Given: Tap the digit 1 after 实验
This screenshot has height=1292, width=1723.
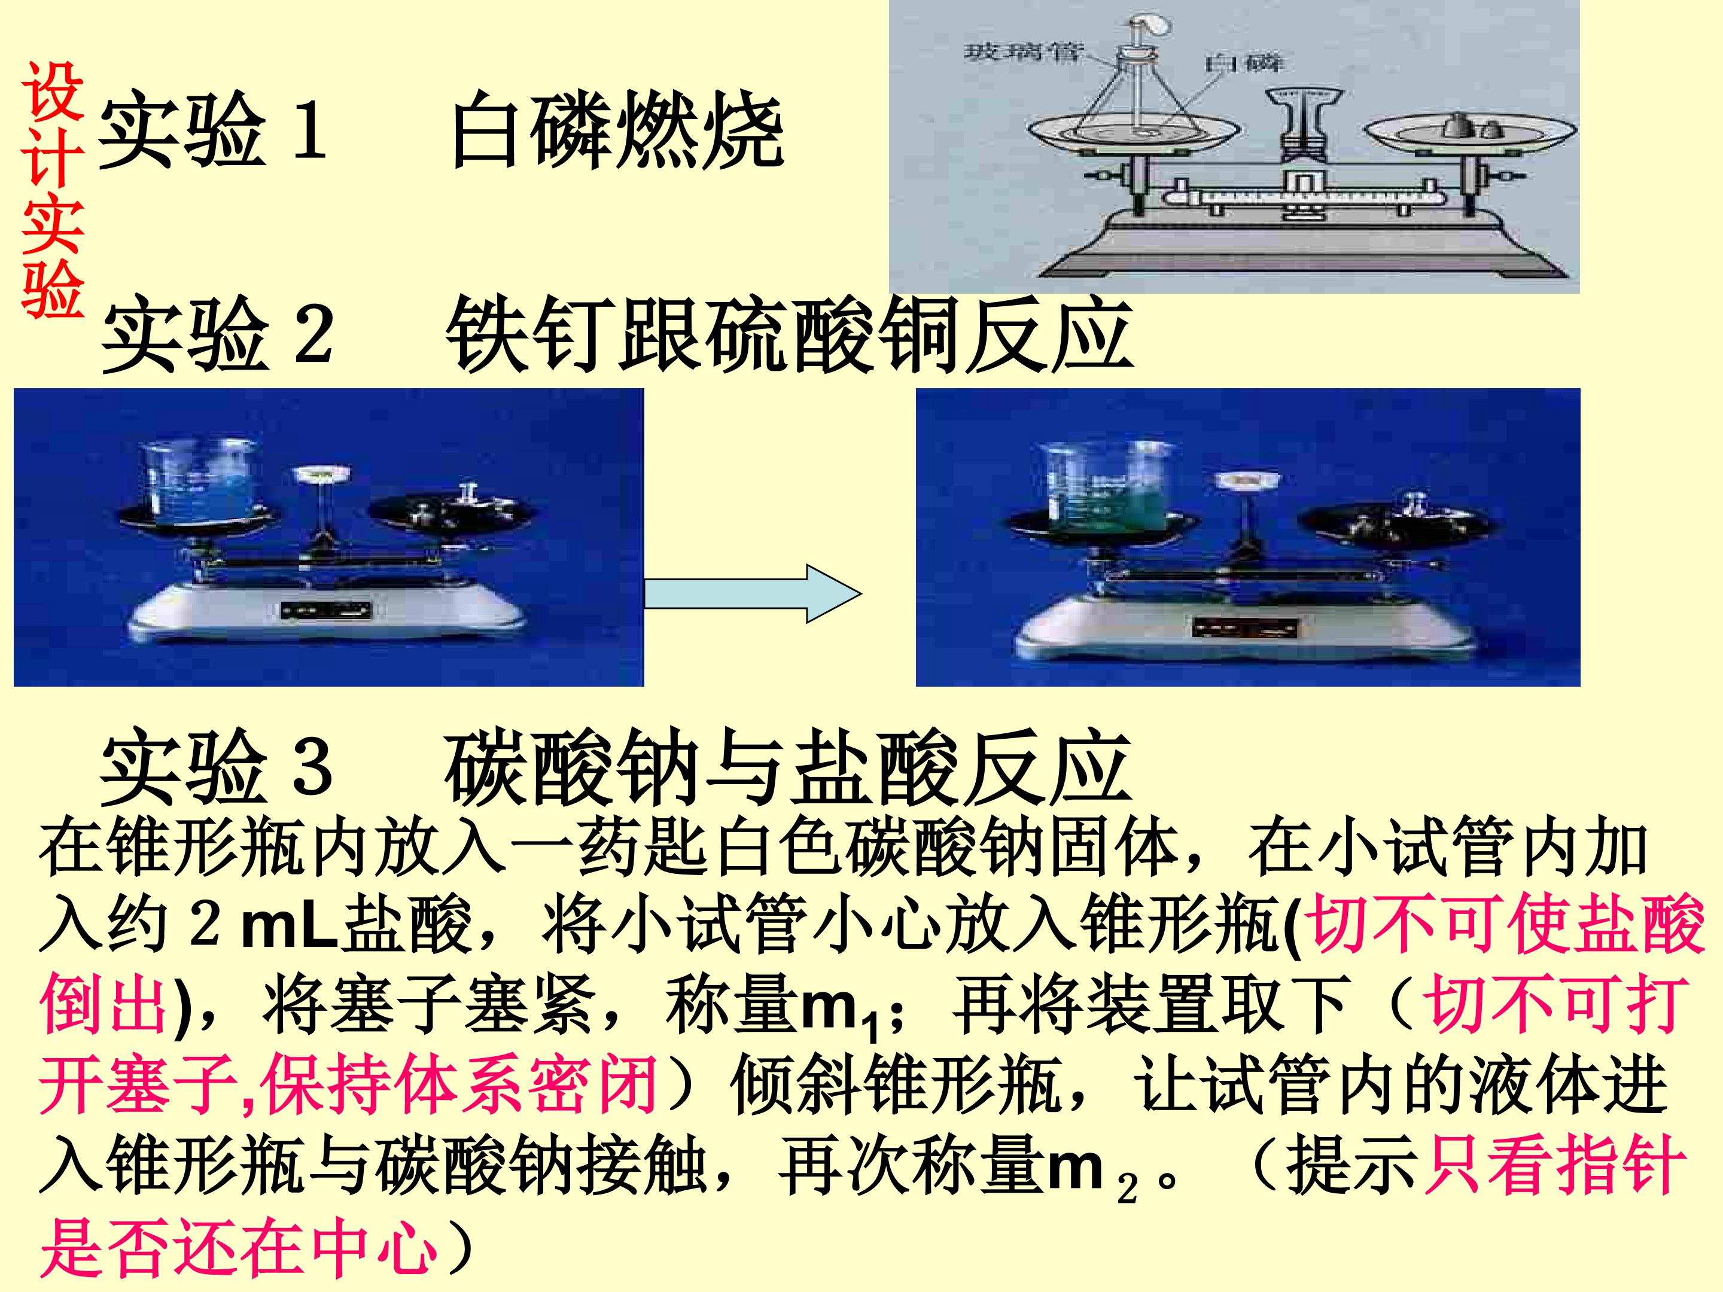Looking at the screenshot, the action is tap(309, 129).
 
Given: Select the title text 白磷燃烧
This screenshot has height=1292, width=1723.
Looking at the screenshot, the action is tap(617, 129).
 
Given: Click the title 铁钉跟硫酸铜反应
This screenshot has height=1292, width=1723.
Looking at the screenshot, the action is tap(789, 333).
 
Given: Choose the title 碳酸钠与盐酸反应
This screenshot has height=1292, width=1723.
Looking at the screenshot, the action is tap(787, 767).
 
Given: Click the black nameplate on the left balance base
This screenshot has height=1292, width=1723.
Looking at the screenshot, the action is tap(327, 610).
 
